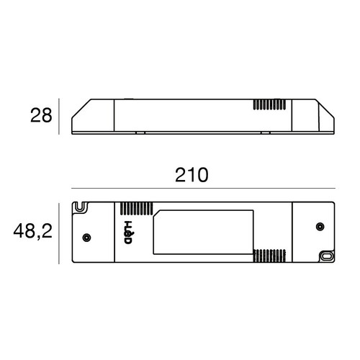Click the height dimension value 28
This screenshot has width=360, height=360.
click(40, 115)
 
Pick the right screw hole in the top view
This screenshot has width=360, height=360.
click(317, 228)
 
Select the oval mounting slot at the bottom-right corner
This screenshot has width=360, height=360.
click(326, 255)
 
